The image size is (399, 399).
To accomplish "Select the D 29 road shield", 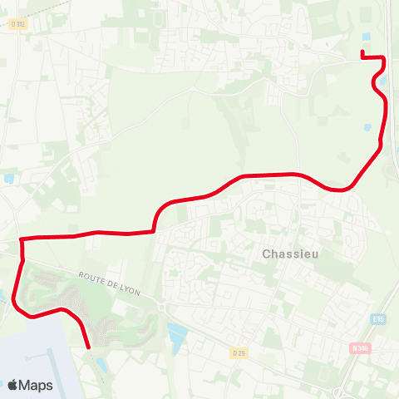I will pos(239,352).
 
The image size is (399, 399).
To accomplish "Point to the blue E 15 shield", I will pos(379,320).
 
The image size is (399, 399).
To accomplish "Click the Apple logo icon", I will pos(12,385).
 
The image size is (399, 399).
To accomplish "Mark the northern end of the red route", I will pos(362,53).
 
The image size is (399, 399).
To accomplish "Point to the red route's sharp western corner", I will pos(21,240).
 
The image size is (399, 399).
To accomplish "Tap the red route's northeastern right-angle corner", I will pos(383,57).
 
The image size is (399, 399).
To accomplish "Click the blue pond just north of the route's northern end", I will pos(367,37).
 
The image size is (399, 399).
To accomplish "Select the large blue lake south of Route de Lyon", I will pos(177,336).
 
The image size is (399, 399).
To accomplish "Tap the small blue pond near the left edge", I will pos(8,178).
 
